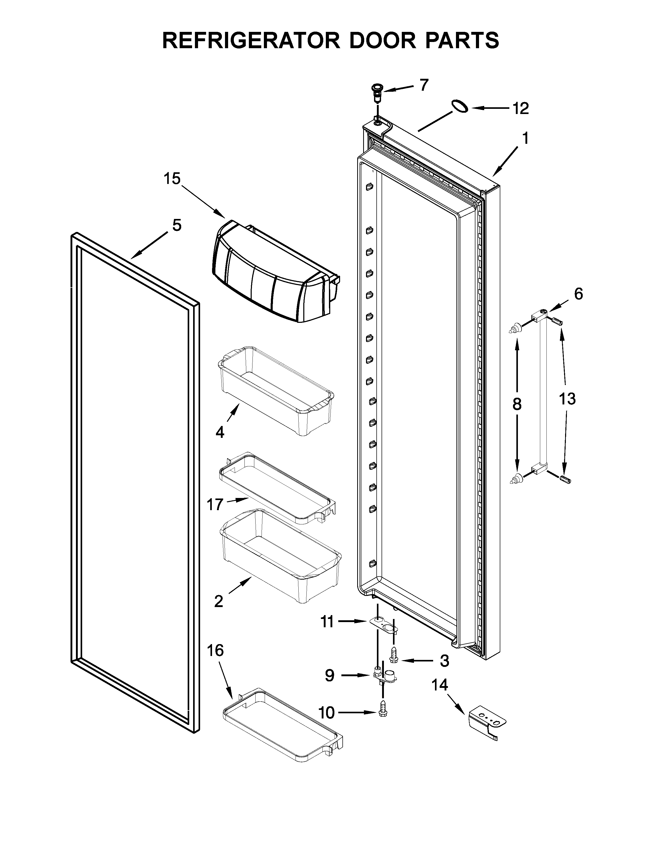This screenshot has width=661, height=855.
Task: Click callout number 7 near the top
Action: (424, 84)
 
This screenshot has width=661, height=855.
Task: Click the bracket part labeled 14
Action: (487, 722)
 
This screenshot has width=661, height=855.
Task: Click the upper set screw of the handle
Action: (557, 322)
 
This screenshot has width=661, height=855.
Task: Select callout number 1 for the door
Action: (525, 138)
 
